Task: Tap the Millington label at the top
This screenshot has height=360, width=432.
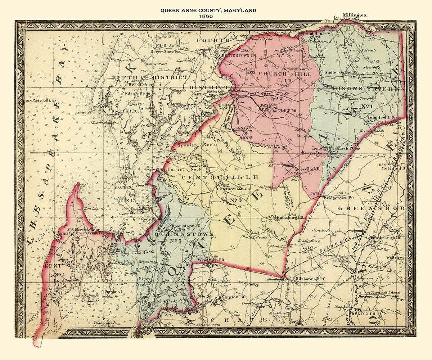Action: click(x=354, y=15)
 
